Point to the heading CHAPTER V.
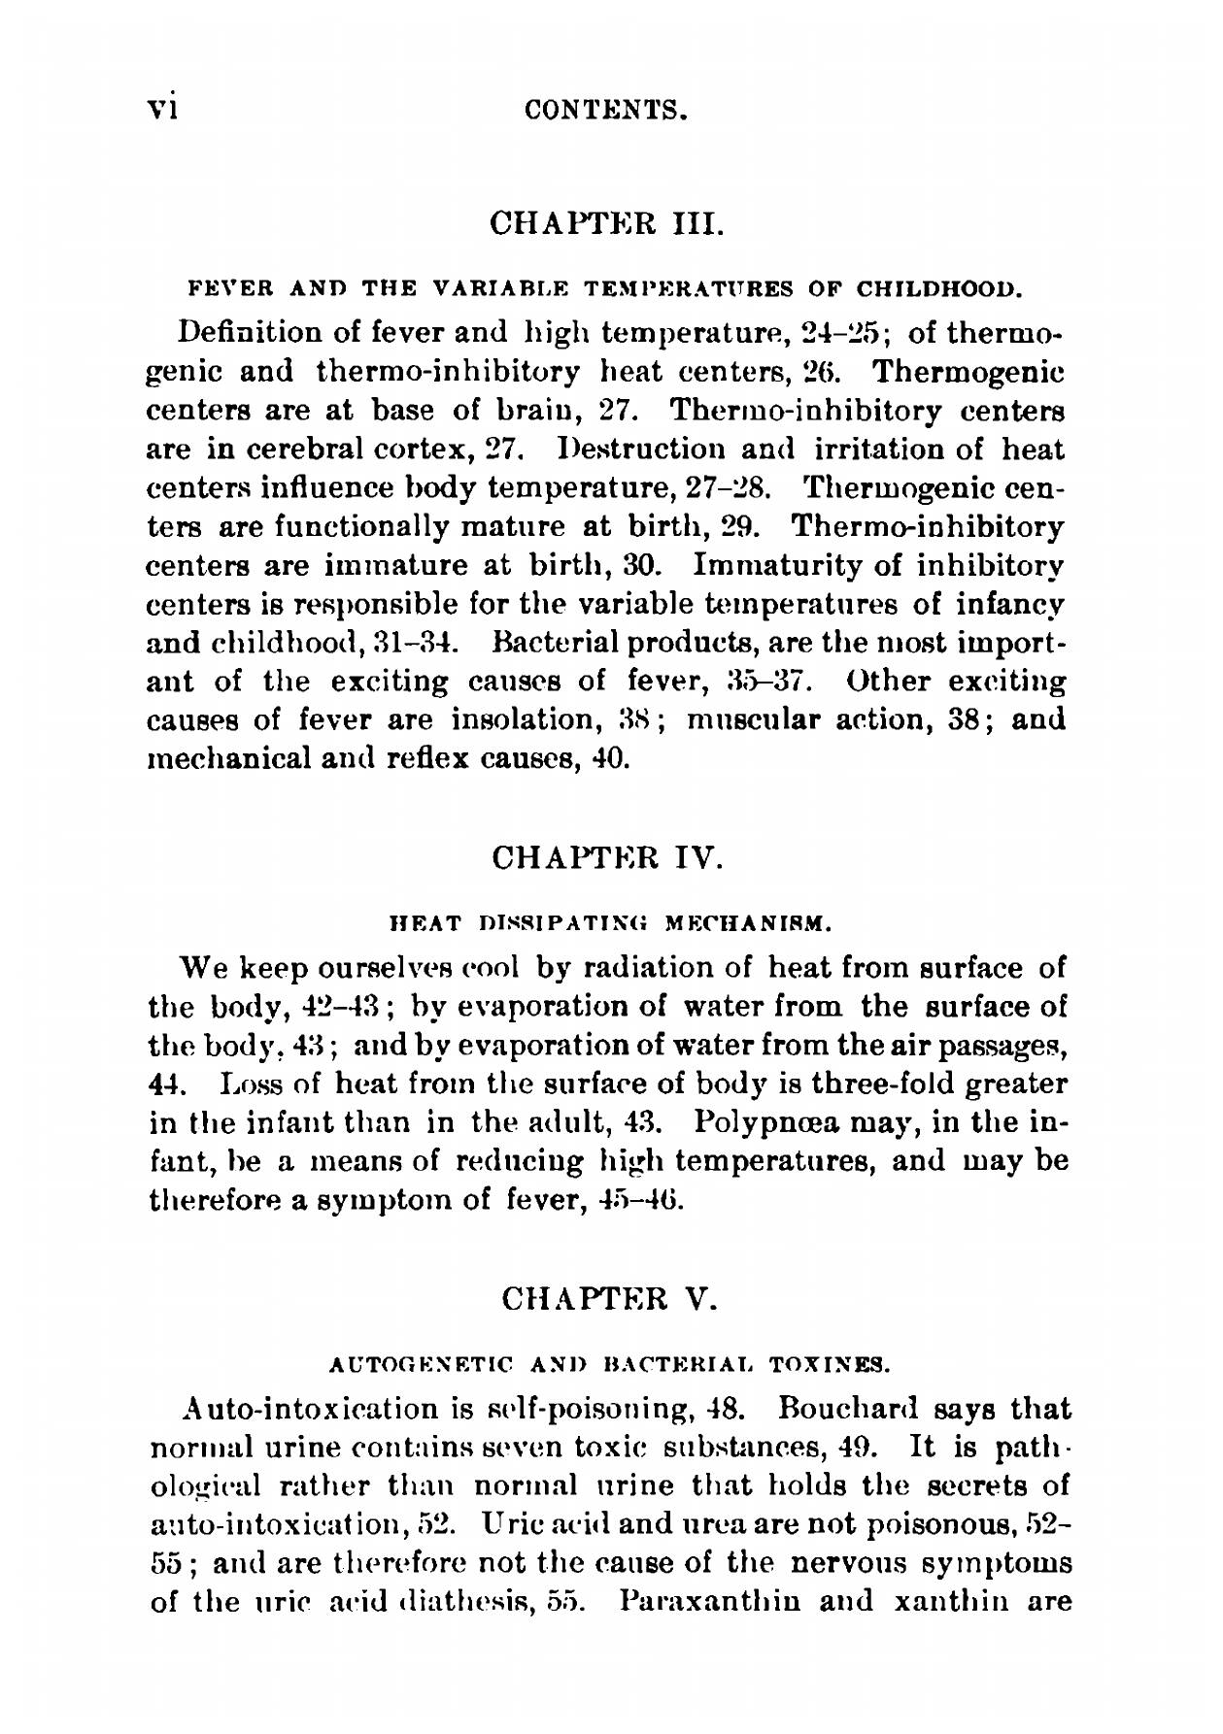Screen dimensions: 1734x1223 point(608,1297)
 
